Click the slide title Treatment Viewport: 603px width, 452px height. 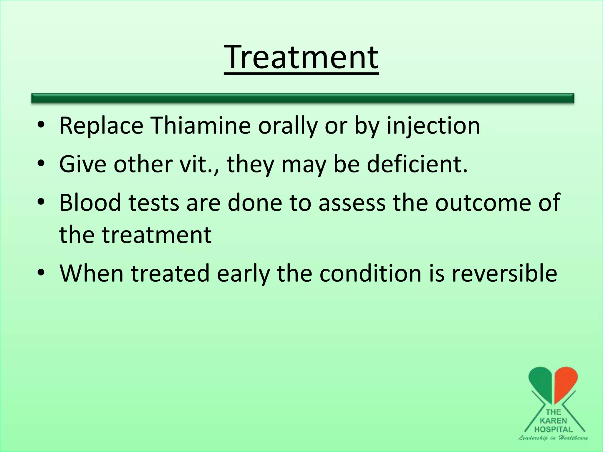coord(301,57)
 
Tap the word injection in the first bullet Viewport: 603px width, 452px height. coord(433,126)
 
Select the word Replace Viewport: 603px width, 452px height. coord(101,126)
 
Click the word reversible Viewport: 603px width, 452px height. coord(504,273)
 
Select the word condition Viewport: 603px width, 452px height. coord(370,273)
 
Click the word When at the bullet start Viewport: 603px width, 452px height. coord(91,273)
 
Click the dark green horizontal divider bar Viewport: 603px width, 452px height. coord(302,98)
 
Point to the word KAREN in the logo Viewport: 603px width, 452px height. coord(553,421)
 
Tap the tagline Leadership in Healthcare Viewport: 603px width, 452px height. coord(553,438)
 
